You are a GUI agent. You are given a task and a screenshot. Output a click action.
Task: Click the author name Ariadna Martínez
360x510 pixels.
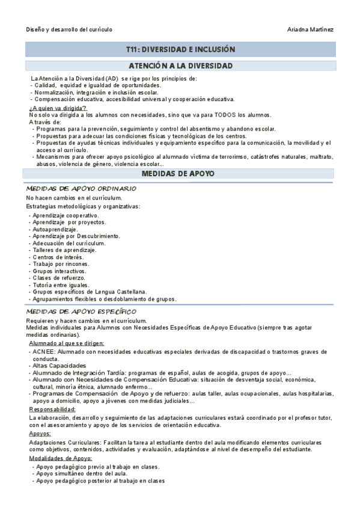pos(311,29)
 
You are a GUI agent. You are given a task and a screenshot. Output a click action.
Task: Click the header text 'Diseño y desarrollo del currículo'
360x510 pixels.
pos(69,29)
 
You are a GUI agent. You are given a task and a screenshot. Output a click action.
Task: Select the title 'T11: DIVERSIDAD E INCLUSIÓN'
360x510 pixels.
pos(180,49)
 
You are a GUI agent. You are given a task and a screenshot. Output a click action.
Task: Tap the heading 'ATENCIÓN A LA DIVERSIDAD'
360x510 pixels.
pos(180,66)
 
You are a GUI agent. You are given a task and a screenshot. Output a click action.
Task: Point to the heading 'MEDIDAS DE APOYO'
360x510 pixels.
pos(180,174)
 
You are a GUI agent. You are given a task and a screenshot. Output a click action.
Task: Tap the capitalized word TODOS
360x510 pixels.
pos(224,114)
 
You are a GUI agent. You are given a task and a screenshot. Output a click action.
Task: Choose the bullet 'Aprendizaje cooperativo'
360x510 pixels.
pos(66,215)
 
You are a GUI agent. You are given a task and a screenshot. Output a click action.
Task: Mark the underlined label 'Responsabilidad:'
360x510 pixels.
pos(52,409)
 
